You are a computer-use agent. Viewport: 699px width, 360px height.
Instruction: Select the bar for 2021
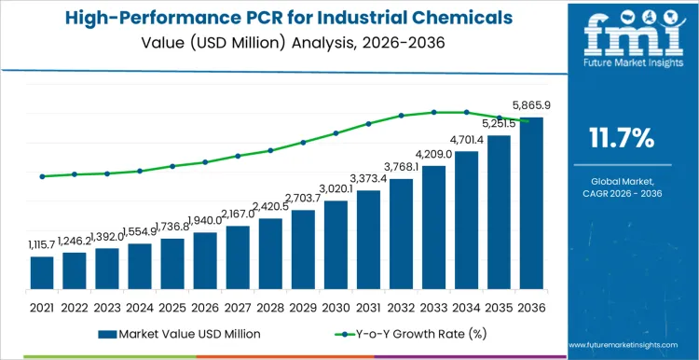[42, 272]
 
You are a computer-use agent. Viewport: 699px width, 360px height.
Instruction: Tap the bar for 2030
[336, 244]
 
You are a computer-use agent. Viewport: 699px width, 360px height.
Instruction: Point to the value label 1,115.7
[39, 244]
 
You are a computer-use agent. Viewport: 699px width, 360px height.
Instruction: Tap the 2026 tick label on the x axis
[205, 306]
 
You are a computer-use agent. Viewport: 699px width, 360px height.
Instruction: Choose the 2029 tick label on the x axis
[303, 306]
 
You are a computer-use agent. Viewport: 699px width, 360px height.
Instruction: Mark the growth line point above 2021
[42, 176]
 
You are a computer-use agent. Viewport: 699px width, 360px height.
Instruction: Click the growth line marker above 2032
[401, 116]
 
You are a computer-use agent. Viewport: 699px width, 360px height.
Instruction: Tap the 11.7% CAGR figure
[623, 139]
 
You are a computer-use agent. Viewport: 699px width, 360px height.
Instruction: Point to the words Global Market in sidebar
[623, 180]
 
